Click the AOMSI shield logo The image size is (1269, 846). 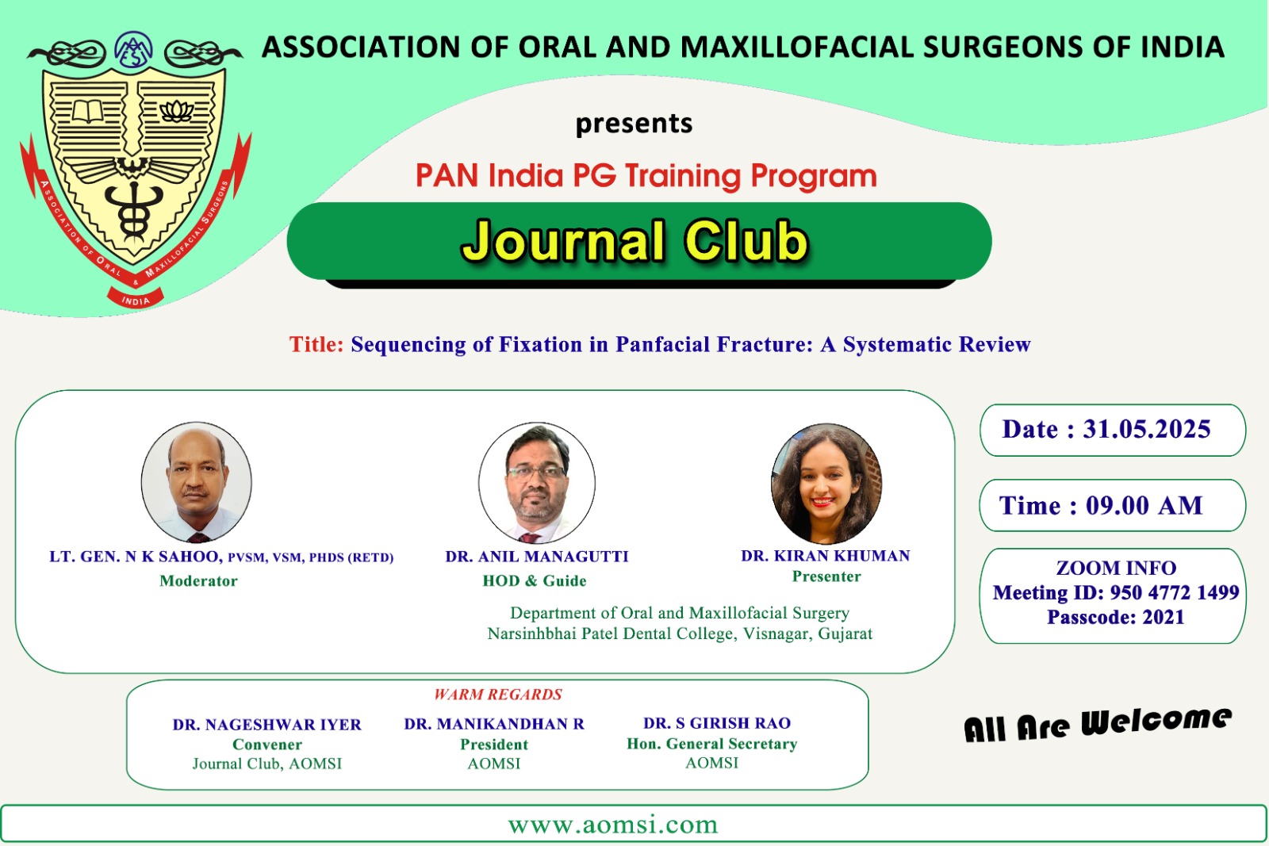coord(135,170)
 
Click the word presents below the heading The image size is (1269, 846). coord(634,124)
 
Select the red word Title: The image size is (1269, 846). coord(316,344)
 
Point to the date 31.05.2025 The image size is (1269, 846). coord(1147,429)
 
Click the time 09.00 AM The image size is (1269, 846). coord(1144,506)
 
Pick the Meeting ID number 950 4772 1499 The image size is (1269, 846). coord(1175,592)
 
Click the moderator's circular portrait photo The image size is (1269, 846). coord(196,482)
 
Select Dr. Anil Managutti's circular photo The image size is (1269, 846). coord(536,482)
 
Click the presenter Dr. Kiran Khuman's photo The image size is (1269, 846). coord(826,484)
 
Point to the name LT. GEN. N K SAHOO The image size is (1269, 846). coord(136,557)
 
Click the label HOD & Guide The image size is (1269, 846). coord(535,581)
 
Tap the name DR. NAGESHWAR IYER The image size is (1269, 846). coord(266,725)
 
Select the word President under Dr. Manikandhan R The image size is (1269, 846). coord(494,745)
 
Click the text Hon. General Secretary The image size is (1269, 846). coord(711,744)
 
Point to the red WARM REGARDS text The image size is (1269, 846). coord(498,695)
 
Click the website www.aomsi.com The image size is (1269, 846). coord(613,825)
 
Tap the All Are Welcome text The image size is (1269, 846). coord(1098,725)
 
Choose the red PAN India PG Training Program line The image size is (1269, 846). coord(646,175)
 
